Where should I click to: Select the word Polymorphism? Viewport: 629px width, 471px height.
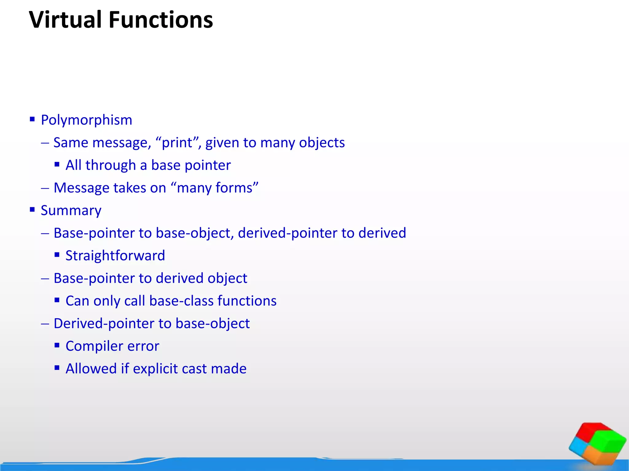(x=86, y=120)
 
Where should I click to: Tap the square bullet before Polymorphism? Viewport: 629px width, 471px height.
(x=32, y=119)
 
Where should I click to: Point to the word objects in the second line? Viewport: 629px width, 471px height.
(x=322, y=143)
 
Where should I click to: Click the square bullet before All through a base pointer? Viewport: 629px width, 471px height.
(x=57, y=164)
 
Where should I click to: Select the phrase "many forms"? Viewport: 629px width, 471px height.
(x=217, y=188)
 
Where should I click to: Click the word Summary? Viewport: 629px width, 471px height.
(x=71, y=210)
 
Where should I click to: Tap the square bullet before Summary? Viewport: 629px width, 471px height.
(x=32, y=210)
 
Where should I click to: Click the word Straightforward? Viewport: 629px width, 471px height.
(x=115, y=255)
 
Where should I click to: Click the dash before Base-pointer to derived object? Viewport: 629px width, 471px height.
(x=45, y=278)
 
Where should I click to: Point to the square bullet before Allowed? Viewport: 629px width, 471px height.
(x=57, y=368)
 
